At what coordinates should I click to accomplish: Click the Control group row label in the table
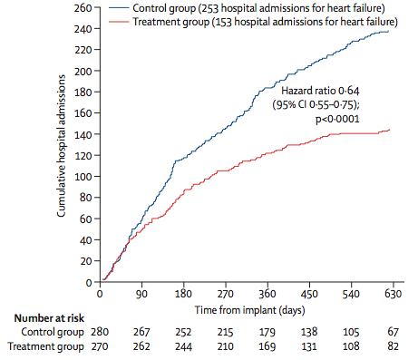[45, 332]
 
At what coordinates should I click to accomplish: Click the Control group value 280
[100, 332]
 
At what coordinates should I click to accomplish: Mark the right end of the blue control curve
[390, 32]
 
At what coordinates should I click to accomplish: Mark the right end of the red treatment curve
[390, 131]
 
